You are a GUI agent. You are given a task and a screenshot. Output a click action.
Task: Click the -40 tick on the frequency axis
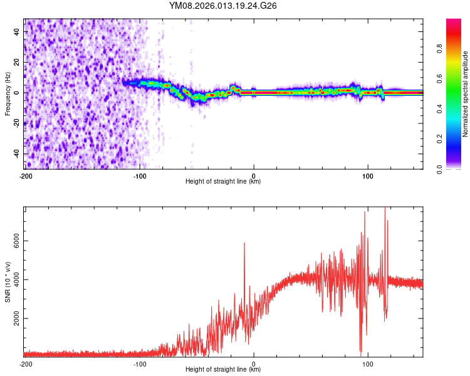click(x=17, y=154)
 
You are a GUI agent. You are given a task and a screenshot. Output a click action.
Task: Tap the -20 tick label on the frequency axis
click(x=17, y=123)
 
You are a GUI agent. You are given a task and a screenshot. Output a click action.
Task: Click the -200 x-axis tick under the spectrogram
click(x=26, y=174)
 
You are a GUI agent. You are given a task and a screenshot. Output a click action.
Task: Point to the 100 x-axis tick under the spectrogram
click(x=368, y=174)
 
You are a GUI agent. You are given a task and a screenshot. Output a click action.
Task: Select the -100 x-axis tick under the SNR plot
click(x=140, y=363)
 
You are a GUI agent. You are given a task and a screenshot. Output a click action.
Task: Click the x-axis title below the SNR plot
click(x=223, y=370)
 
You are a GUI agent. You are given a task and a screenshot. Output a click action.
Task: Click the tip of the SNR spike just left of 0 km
click(x=244, y=243)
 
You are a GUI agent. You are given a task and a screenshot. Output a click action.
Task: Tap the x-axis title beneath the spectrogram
click(x=223, y=181)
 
